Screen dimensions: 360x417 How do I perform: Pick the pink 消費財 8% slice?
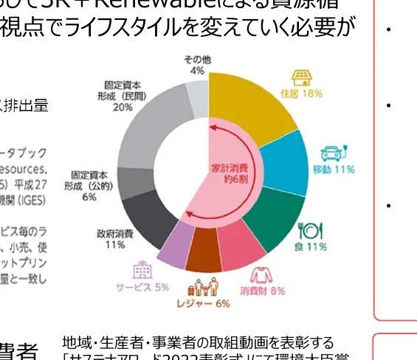point(241,251)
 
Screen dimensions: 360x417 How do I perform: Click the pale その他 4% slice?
point(197,98)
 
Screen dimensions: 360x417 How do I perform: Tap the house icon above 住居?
point(300,77)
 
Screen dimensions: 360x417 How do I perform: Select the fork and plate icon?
point(309,230)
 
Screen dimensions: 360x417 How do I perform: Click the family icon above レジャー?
point(204,288)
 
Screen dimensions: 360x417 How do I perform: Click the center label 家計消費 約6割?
point(230,171)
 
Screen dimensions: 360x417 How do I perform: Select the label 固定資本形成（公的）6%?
point(89,186)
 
